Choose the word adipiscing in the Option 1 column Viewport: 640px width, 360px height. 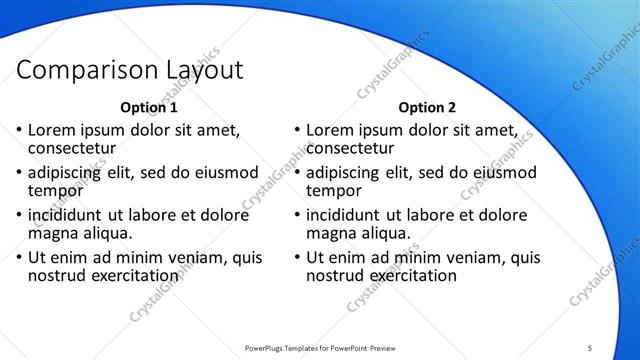(x=66, y=172)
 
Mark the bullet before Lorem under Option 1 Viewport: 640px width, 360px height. (x=18, y=131)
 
